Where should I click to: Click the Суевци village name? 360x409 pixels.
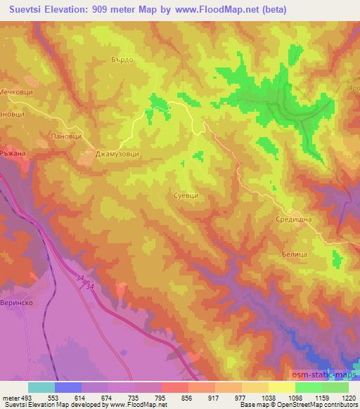[185, 196]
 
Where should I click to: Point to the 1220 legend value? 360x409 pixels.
[347, 397]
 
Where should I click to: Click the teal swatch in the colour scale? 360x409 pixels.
[41, 387]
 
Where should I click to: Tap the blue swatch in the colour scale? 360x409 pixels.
[68, 387]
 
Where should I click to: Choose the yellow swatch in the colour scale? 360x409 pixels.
[281, 387]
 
